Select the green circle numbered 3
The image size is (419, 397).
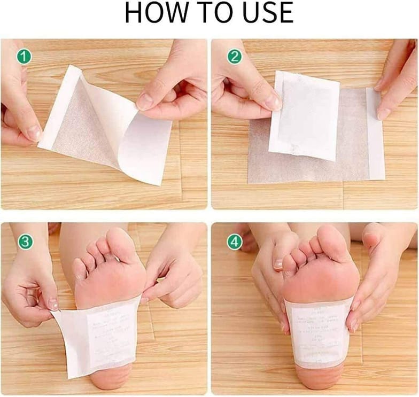25,242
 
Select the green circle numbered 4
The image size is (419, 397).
234,242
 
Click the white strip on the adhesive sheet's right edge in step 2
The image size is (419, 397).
375,134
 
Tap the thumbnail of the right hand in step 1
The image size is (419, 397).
145,102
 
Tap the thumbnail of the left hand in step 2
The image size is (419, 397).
273,102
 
